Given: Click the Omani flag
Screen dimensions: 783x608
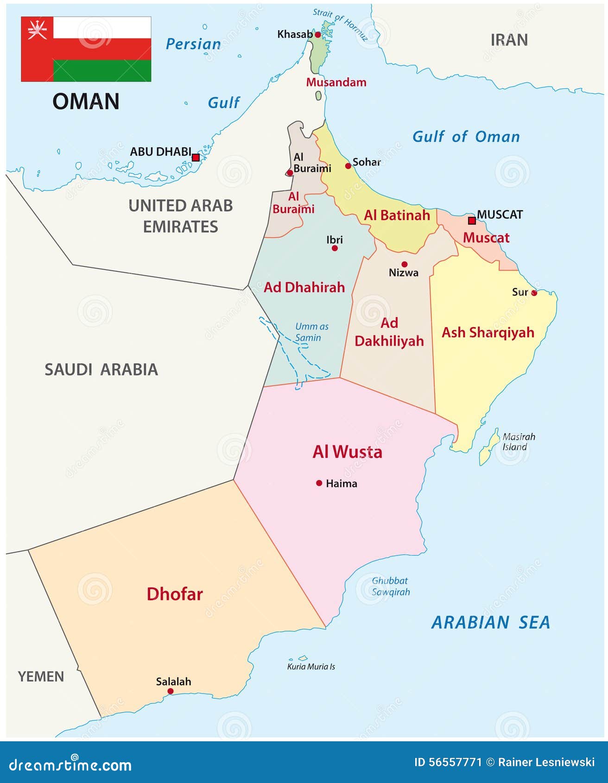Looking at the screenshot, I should pos(86,49).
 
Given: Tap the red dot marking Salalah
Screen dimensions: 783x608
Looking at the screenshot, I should pos(171,691).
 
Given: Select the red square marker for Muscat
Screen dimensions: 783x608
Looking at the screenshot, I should pos(472,221).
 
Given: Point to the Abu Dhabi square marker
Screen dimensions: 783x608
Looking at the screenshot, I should pos(196,158).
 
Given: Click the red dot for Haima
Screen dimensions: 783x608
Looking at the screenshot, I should pos(319,483).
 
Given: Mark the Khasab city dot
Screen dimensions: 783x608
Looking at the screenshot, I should pos(317,35).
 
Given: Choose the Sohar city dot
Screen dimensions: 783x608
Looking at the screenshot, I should pos(348,166).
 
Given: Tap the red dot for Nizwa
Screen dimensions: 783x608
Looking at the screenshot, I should pos(405,264).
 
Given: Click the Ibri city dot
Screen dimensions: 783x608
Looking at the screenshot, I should pos(335,248).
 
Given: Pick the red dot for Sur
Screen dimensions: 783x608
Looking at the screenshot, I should pos(534,293).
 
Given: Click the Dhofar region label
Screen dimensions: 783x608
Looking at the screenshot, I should pos(175,594).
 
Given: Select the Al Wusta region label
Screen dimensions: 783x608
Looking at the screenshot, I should pos(348,452).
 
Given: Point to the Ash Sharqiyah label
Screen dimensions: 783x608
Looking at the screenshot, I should pos(488,333).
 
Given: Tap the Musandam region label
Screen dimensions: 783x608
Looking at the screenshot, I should pos(336,82).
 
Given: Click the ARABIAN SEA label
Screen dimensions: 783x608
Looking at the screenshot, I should pos(491,622).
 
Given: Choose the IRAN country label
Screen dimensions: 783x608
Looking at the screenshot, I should pos(509,40).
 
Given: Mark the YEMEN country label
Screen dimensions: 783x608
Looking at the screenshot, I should pos(41,676).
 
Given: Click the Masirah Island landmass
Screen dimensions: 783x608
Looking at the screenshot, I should pos(487,448).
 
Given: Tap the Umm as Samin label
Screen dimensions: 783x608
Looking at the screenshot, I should pos(311,332).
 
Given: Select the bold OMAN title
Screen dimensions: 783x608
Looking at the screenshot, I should pos(86,101).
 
